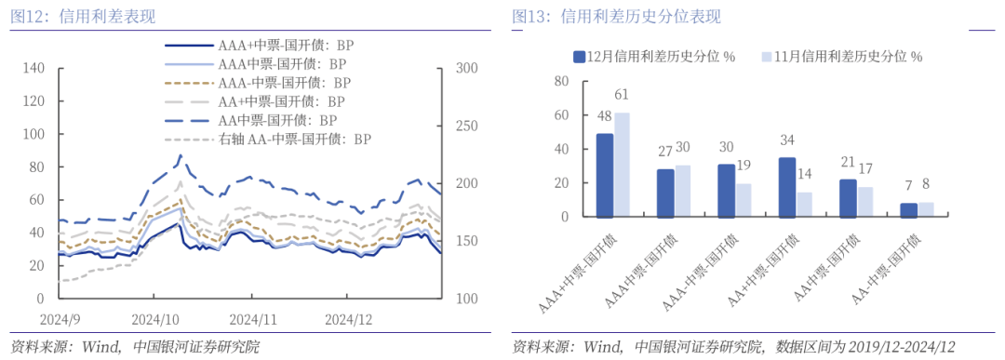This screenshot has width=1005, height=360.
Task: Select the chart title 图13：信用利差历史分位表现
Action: tap(616, 16)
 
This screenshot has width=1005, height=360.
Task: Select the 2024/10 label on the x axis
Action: tap(155, 318)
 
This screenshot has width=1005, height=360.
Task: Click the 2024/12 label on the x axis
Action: tap(348, 318)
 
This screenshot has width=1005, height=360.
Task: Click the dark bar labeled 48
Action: tap(605, 175)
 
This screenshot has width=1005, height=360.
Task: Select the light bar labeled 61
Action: tap(622, 165)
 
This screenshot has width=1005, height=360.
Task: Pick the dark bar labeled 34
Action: tap(786, 187)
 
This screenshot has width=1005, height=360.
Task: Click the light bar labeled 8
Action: tap(925, 209)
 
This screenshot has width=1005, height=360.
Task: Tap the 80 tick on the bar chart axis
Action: tap(560, 81)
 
